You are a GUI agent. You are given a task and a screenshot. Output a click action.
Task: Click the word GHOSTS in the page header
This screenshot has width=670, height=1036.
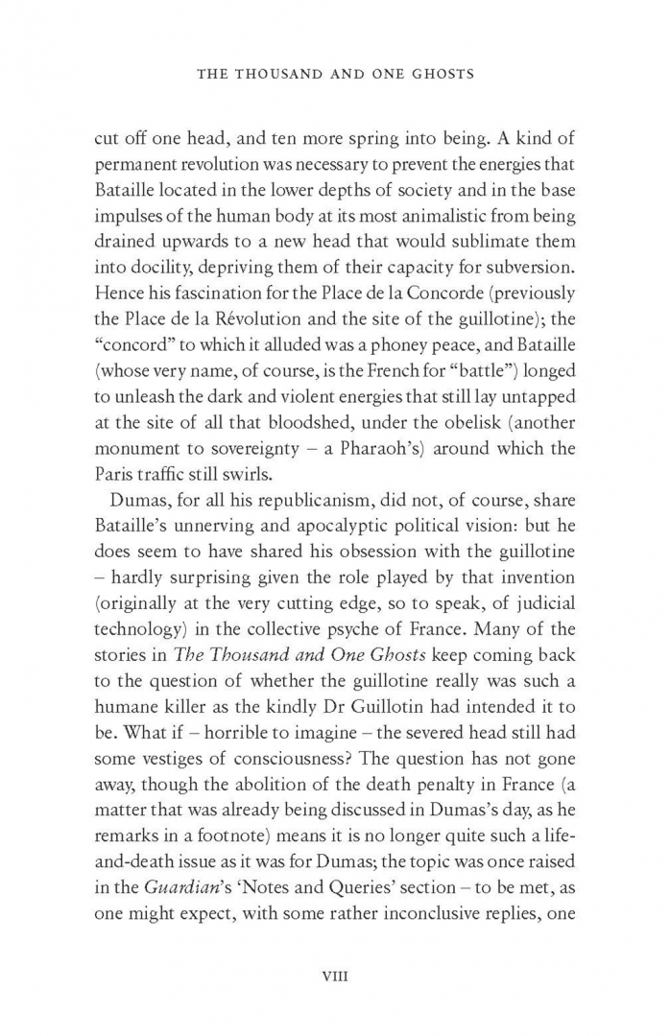tap(438, 74)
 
